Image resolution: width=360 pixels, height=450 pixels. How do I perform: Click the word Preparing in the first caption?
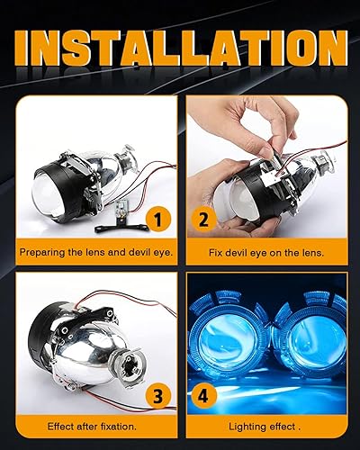44,253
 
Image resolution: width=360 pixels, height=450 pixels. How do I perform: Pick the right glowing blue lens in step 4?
315,346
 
